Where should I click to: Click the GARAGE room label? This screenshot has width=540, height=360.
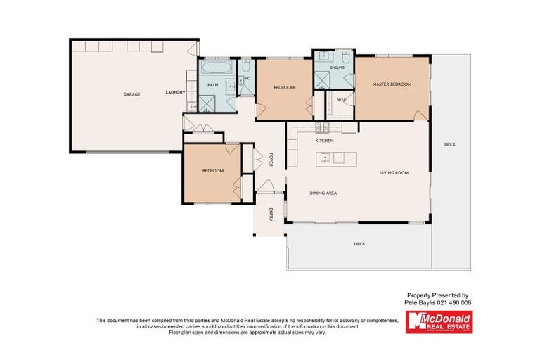[131, 94]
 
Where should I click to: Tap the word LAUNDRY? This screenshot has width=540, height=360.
[175, 93]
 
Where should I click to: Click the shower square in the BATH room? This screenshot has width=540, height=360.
[208, 104]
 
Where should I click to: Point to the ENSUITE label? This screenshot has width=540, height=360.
[337, 67]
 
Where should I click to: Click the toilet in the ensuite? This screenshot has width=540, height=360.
[347, 56]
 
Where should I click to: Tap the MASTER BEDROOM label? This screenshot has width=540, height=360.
[392, 84]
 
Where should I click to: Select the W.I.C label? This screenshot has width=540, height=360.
[342, 101]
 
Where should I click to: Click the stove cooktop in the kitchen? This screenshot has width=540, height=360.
[322, 127]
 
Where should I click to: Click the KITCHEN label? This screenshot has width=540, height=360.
[324, 141]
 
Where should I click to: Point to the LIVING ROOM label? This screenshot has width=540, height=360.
[394, 172]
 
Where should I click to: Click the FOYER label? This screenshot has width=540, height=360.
[271, 160]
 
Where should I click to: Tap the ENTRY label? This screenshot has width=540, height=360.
[271, 216]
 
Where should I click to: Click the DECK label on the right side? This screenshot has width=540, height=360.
[450, 145]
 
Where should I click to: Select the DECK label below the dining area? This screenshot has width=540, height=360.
[359, 244]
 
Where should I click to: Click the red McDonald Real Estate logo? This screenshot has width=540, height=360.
[439, 322]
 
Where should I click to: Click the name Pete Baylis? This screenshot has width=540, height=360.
[419, 302]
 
